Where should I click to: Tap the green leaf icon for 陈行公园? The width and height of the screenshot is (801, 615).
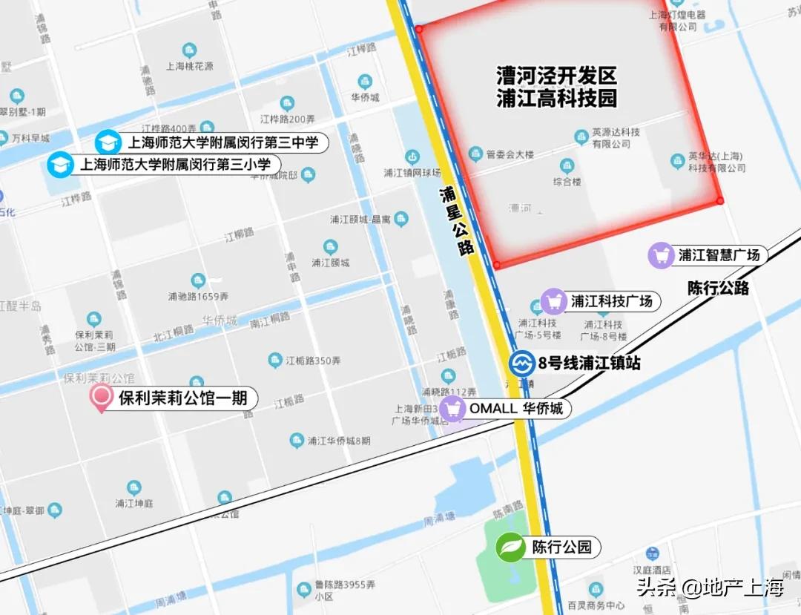[510, 547]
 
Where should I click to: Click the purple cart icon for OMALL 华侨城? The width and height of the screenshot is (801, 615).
[452, 408]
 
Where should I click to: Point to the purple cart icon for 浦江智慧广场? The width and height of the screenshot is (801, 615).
[661, 255]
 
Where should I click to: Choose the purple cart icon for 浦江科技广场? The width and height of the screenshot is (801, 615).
[553, 301]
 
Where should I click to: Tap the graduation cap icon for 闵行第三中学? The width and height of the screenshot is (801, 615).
[108, 142]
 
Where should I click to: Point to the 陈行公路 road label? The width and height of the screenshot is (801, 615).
[718, 288]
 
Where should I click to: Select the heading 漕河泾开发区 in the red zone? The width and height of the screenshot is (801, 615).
[556, 76]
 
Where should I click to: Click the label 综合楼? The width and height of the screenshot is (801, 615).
[567, 181]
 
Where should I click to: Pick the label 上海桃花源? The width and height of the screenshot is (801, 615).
[190, 65]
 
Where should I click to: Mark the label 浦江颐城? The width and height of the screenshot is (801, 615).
[330, 262]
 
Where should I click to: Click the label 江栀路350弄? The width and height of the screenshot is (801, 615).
[313, 361]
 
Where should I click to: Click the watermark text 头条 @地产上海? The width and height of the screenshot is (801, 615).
[711, 589]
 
